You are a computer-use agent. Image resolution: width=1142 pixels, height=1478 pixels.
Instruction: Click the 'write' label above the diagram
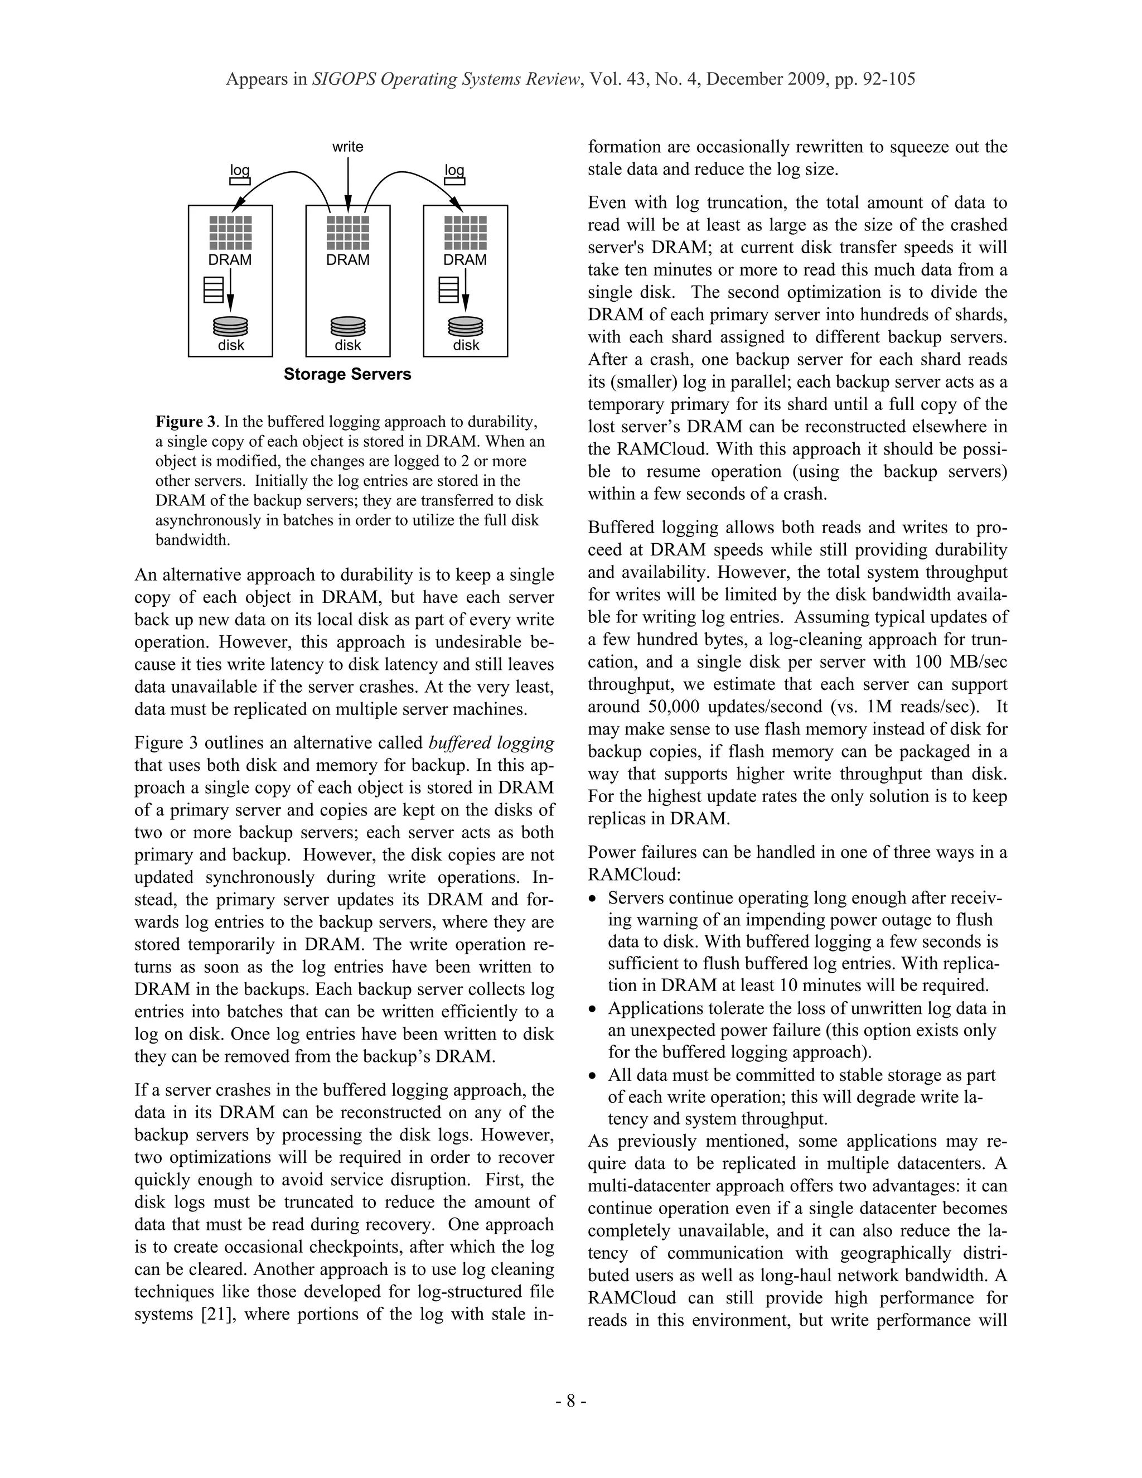(348, 147)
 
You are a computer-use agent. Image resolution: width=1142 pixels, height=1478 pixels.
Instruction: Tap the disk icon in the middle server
(348, 326)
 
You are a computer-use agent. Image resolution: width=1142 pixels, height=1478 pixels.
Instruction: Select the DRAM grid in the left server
(230, 233)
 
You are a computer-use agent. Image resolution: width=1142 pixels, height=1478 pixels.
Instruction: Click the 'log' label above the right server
(454, 170)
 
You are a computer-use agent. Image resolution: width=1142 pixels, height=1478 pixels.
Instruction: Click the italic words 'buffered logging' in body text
(491, 743)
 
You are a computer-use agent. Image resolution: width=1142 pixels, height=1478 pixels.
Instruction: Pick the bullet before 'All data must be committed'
(593, 1076)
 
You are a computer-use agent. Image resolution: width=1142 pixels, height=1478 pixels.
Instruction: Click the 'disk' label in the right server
(466, 345)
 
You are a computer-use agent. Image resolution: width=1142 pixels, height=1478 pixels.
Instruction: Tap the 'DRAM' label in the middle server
(348, 260)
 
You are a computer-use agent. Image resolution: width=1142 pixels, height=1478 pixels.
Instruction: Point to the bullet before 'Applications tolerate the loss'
(593, 1010)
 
